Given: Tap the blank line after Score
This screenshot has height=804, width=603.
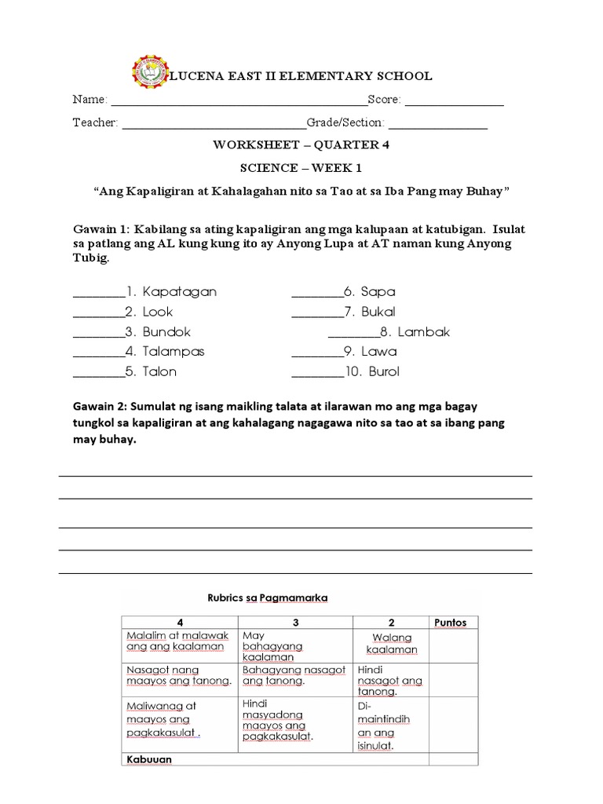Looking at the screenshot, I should pos(454,102).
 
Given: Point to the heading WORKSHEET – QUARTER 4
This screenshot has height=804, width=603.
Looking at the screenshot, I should pos(301,145).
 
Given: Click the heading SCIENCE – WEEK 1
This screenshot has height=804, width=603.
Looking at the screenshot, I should pos(301,168).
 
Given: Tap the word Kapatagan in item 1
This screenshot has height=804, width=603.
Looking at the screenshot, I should pos(180,292).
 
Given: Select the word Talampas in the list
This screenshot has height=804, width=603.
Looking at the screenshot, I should pos(174,352).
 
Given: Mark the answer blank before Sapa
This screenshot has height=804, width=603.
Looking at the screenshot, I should pos(316,294).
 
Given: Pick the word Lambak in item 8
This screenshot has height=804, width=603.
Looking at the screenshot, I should pos(424,332).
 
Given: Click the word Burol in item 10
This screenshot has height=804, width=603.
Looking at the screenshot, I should pos(384,372).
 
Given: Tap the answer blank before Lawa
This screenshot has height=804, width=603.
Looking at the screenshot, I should pos(316,355).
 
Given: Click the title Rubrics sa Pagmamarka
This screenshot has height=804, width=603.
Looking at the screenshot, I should pos(267,598).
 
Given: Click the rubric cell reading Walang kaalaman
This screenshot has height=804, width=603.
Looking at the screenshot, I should pos(392,644).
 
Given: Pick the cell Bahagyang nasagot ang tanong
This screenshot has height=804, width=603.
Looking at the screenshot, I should pos(294,675).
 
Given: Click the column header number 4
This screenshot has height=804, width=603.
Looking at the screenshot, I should pos(180,623).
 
